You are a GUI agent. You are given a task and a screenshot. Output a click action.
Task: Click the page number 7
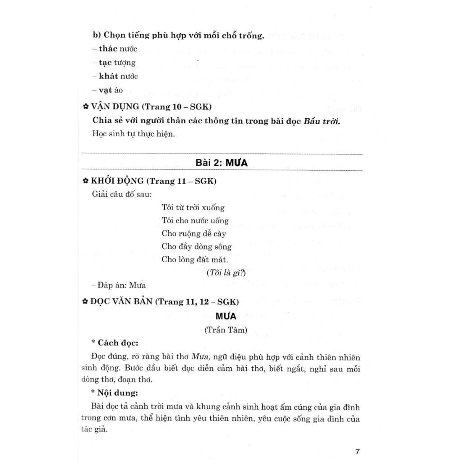click(x=357, y=452)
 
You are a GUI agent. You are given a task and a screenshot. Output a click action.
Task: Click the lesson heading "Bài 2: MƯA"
click(x=222, y=163)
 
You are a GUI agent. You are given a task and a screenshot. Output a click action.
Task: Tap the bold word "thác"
click(x=109, y=49)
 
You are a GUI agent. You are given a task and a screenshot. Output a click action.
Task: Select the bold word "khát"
click(x=109, y=76)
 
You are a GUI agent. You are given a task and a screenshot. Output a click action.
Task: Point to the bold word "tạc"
click(x=106, y=63)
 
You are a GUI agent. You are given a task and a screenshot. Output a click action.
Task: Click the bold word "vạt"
click(x=106, y=90)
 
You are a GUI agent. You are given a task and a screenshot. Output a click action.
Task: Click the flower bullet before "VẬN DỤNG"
click(x=85, y=107)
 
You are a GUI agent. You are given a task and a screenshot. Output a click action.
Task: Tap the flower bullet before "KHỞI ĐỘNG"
click(x=85, y=181)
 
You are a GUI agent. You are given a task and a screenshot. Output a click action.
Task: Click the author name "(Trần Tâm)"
click(x=226, y=330)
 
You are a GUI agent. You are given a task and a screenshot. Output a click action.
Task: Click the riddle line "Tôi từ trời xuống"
click(x=193, y=208)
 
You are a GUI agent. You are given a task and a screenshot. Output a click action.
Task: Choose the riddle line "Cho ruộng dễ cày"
click(x=194, y=234)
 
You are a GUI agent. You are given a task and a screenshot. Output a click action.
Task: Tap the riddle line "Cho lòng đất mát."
click(x=195, y=260)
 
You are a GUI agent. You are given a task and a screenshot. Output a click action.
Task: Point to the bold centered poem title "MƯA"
click(x=226, y=316)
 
